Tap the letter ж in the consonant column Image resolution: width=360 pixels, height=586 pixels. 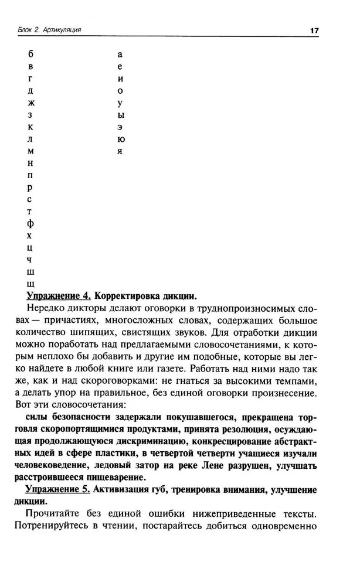[x=31, y=103]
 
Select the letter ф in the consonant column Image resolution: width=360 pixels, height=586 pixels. [x=31, y=224]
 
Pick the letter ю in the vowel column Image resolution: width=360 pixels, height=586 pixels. [x=120, y=139]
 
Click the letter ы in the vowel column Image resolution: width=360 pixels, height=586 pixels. [x=120, y=115]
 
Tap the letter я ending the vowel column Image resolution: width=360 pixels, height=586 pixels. [x=120, y=151]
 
